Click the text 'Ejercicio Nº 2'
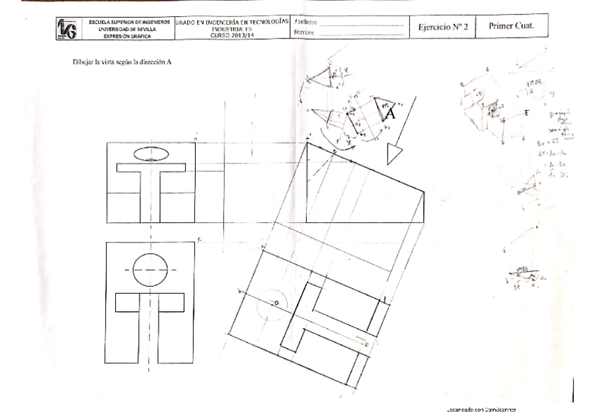[x=443, y=27]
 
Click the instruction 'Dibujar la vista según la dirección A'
[x=122, y=62]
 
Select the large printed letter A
[x=390, y=114]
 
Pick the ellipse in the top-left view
[x=151, y=153]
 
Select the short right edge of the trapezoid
[x=424, y=206]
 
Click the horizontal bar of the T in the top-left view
[x=151, y=167]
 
